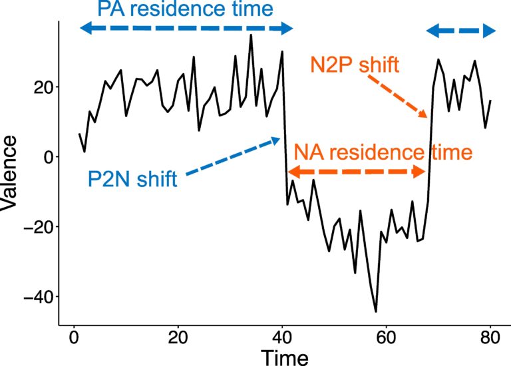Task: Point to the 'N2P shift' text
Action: [x=354, y=65]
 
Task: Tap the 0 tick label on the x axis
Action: [x=73, y=337]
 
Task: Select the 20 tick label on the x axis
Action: [x=178, y=337]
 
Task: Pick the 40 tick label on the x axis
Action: [x=282, y=337]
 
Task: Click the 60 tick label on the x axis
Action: [x=387, y=337]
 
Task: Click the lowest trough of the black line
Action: [x=376, y=311]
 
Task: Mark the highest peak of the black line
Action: [x=251, y=35]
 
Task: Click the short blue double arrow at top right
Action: [x=461, y=30]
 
